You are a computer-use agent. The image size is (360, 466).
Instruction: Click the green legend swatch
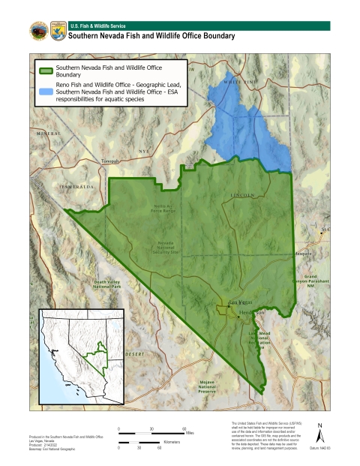(45, 71)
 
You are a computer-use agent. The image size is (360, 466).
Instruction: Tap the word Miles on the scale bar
(190, 433)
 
